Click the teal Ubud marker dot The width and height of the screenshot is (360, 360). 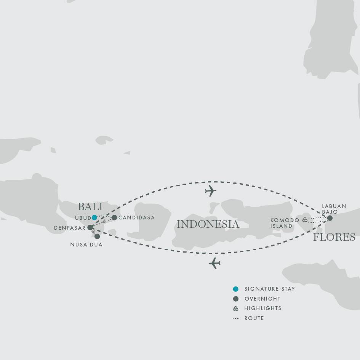[x=94, y=218]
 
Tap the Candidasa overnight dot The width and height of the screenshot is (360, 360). [x=114, y=218]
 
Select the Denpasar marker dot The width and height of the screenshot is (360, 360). [x=90, y=227]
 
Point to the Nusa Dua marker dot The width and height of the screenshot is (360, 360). [x=97, y=236]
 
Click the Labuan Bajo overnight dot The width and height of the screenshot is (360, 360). [x=330, y=218]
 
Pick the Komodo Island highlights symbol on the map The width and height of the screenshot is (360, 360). [x=305, y=220]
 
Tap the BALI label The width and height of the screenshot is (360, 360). [x=90, y=206]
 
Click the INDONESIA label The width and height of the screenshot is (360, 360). [x=208, y=224]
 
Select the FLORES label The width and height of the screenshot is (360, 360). [x=334, y=237]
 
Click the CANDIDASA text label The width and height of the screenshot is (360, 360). [x=137, y=218]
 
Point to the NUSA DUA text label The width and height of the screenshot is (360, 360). [x=86, y=245]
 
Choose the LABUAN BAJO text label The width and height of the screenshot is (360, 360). [x=334, y=209]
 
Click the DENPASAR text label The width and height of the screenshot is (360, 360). [x=70, y=228]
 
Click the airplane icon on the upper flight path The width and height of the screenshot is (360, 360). [x=210, y=191]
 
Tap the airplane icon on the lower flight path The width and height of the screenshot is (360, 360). [x=215, y=263]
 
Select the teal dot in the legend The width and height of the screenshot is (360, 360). [x=236, y=289]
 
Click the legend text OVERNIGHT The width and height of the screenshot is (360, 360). [x=262, y=299]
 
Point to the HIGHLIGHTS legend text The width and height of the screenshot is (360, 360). [x=263, y=308]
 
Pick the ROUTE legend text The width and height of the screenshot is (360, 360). [x=254, y=318]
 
